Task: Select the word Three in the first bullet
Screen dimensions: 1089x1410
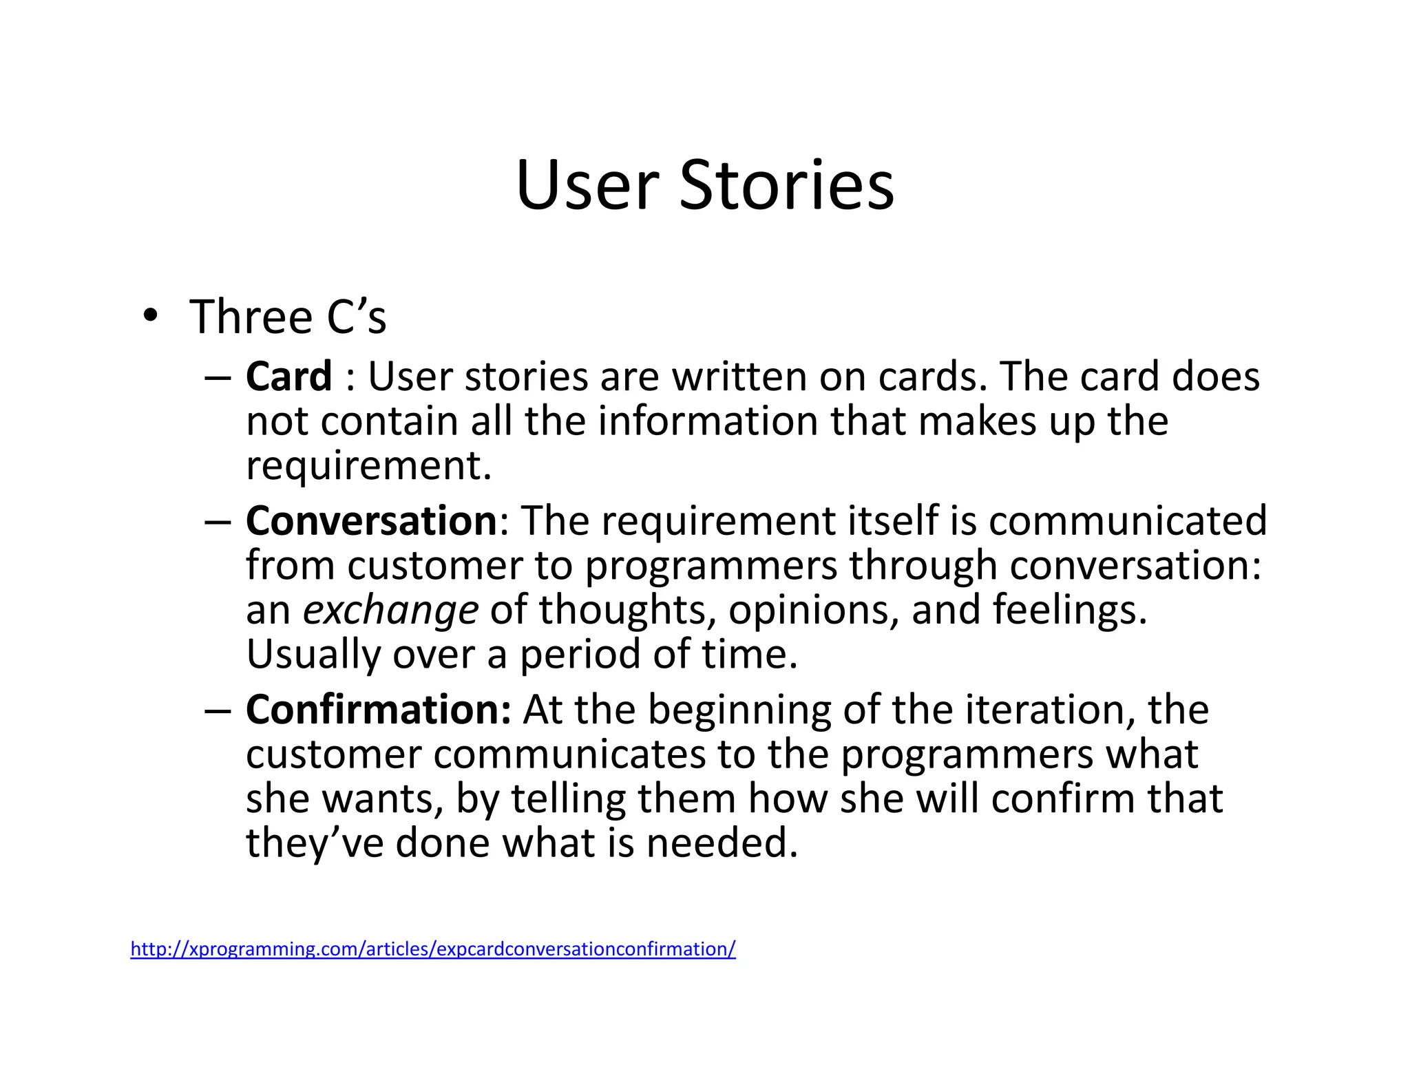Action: [x=251, y=317]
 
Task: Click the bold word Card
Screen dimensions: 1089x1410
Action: [x=289, y=377]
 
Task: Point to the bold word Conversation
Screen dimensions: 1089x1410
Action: [x=371, y=520]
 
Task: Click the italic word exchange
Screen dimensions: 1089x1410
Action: [x=390, y=610]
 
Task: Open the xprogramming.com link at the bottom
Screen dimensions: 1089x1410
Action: [x=432, y=949]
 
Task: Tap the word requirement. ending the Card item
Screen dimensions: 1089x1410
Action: [x=369, y=466]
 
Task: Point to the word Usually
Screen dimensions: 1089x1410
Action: [x=313, y=654]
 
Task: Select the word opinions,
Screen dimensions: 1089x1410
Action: [x=814, y=610]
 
